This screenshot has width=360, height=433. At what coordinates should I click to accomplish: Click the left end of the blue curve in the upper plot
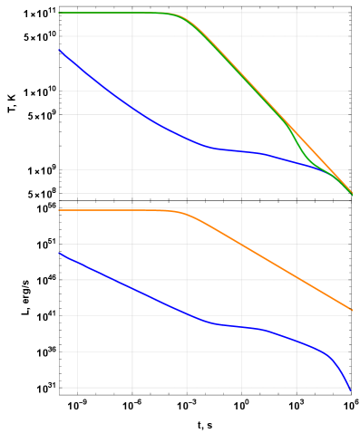pyautogui.click(x=60, y=50)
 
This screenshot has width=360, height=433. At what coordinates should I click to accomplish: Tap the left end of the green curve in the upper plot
pyautogui.click(x=60, y=13)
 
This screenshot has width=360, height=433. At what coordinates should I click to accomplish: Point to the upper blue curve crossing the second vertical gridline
pyautogui.click(x=132, y=109)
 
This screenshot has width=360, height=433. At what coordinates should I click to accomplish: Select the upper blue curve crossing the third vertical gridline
pyautogui.click(x=187, y=139)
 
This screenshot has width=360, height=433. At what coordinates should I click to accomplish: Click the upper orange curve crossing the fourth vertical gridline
pyautogui.click(x=241, y=75)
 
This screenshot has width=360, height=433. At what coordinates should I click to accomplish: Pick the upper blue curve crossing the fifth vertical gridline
pyautogui.click(x=297, y=163)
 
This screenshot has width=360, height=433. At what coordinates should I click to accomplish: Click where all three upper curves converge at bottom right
pyautogui.click(x=350, y=191)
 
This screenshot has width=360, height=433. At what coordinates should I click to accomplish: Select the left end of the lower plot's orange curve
pyautogui.click(x=60, y=210)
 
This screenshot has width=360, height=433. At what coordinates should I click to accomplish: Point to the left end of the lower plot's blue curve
pyautogui.click(x=60, y=253)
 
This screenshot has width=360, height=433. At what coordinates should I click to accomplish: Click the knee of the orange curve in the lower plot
pyautogui.click(x=181, y=213)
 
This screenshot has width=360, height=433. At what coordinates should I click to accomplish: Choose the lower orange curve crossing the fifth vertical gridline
pyautogui.click(x=297, y=277)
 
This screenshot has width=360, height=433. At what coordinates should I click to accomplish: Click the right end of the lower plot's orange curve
pyautogui.click(x=351, y=310)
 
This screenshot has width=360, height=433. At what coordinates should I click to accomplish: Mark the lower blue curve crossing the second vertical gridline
pyautogui.click(x=132, y=288)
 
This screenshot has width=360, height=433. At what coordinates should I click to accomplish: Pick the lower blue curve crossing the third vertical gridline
pyautogui.click(x=187, y=313)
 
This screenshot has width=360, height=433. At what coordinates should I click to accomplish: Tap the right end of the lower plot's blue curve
pyautogui.click(x=349, y=390)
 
